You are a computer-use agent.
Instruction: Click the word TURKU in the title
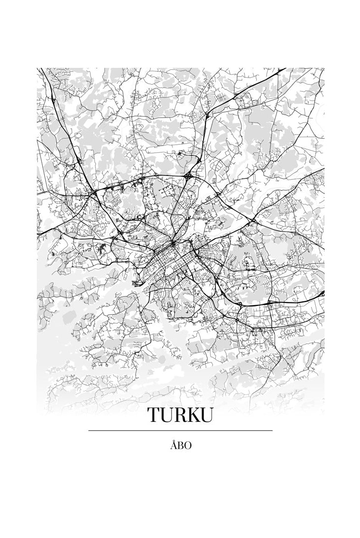tap(180, 415)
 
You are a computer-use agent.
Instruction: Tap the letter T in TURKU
tap(153, 415)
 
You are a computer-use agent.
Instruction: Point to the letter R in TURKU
tap(181, 415)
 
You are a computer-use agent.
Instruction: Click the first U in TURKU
tap(167, 415)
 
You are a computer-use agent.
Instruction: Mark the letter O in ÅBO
tap(187, 446)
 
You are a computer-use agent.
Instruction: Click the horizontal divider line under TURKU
tap(180, 430)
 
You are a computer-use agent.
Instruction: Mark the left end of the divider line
tap(90, 430)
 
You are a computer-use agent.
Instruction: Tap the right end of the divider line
tap(271, 430)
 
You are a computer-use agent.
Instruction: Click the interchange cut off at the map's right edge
tap(322, 293)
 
